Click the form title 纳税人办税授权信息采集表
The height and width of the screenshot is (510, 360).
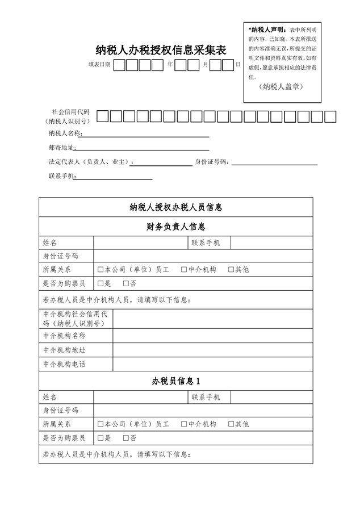161,50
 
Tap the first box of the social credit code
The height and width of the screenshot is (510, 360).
102,117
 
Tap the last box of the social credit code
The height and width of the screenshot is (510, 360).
331,117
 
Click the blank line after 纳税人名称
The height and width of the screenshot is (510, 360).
146,134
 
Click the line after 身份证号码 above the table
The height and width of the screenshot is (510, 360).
274,162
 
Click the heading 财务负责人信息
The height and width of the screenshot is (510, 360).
175,227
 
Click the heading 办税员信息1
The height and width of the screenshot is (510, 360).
175,381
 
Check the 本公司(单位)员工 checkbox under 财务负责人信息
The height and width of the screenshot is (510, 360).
101,270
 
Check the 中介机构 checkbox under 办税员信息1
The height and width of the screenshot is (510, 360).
184,424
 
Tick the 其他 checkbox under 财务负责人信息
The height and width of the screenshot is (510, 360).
231,270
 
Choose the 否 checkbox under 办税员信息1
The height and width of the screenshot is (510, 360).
125,438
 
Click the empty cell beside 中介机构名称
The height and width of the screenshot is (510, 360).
212,336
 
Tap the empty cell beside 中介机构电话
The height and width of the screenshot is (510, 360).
212,364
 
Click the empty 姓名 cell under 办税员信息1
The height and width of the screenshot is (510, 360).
140,397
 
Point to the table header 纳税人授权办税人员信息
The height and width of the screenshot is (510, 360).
175,207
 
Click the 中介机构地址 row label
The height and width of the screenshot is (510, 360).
64,350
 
